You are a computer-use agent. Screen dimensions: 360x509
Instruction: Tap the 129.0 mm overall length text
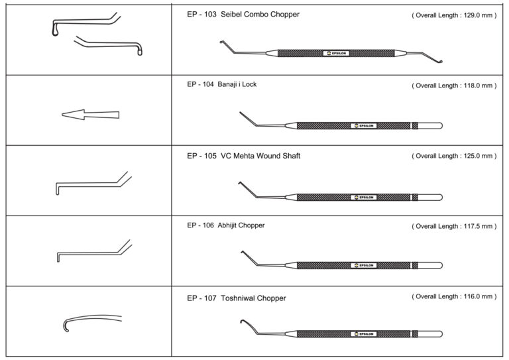pos(454,15)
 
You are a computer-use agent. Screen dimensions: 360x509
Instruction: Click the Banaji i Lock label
pos(241,85)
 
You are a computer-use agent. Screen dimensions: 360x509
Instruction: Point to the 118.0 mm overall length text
pos(454,86)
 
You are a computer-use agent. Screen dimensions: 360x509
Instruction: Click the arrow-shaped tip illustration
pos(90,115)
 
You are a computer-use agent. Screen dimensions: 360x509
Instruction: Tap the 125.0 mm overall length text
pos(454,156)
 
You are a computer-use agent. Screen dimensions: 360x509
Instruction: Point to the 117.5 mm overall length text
pos(454,226)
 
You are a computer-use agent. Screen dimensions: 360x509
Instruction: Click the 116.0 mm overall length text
pos(454,296)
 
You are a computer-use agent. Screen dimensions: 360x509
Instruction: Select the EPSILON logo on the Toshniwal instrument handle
pos(364,334)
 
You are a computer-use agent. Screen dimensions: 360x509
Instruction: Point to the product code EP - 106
pos(199,225)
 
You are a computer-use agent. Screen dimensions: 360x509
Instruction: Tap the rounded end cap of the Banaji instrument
pos(438,125)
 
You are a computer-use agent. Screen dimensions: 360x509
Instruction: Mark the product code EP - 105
pos(199,156)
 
